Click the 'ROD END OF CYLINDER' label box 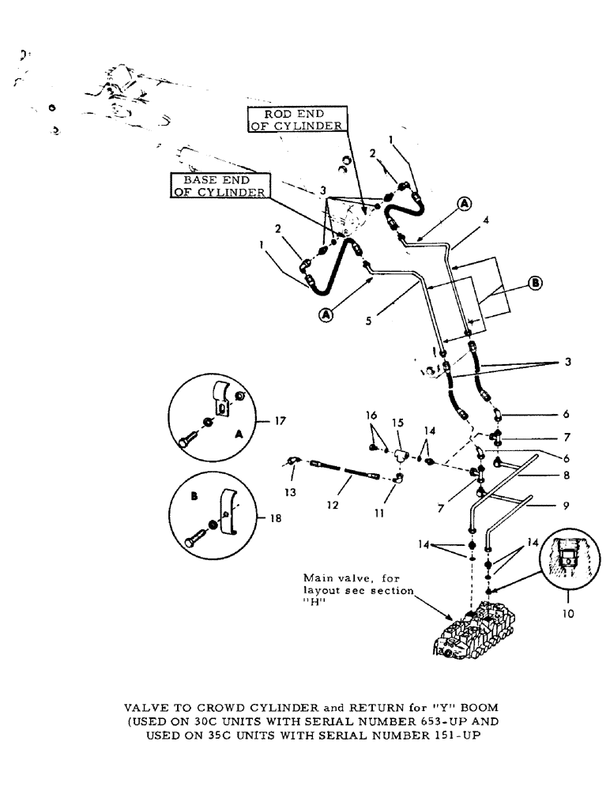[x=293, y=120]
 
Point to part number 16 [x=371, y=414]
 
